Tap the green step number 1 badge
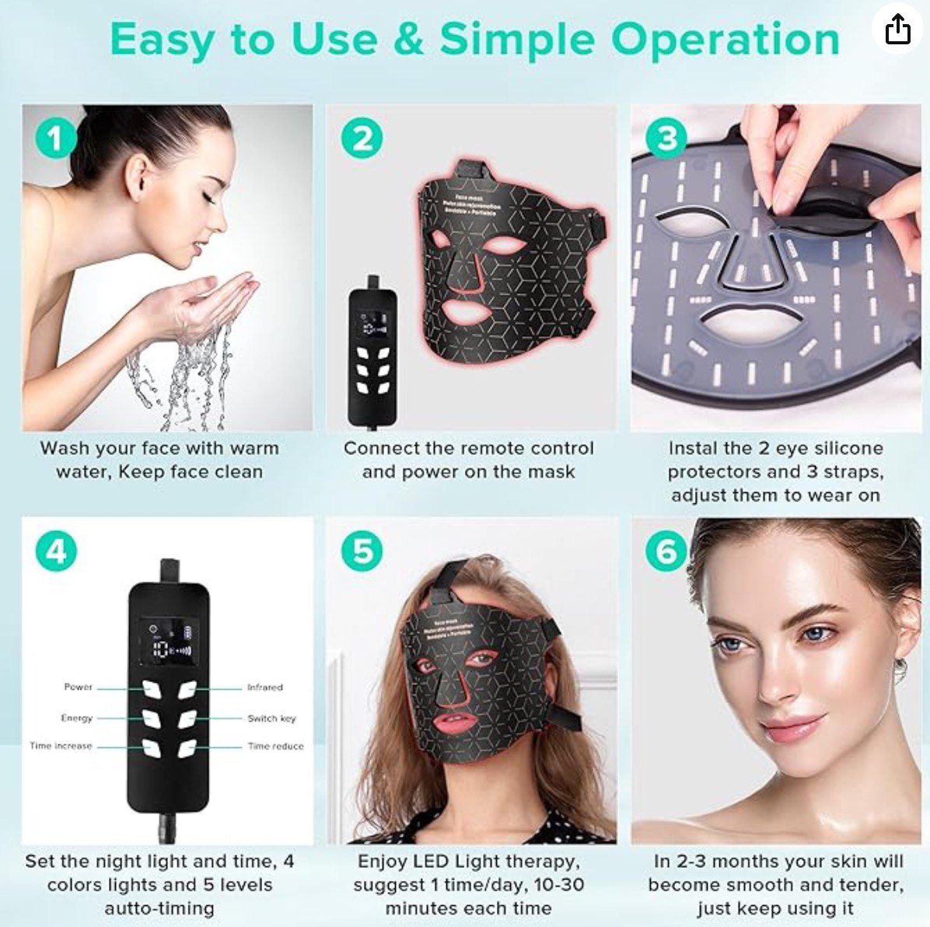(55, 138)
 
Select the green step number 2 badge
(362, 138)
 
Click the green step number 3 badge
(666, 138)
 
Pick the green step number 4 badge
(56, 551)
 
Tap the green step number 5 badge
(362, 551)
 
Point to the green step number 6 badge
(666, 551)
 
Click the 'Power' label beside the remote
(79, 687)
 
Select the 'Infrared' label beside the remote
(264, 687)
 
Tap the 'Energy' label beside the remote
(77, 718)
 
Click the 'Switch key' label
(271, 718)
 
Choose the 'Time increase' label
(61, 746)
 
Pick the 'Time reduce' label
(275, 746)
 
